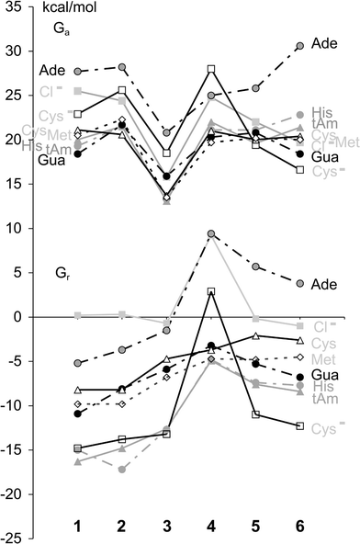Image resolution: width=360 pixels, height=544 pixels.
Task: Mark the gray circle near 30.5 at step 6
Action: (299, 46)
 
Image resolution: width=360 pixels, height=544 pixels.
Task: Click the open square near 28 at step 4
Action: (211, 69)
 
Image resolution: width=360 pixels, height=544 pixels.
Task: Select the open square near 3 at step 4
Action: (211, 291)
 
